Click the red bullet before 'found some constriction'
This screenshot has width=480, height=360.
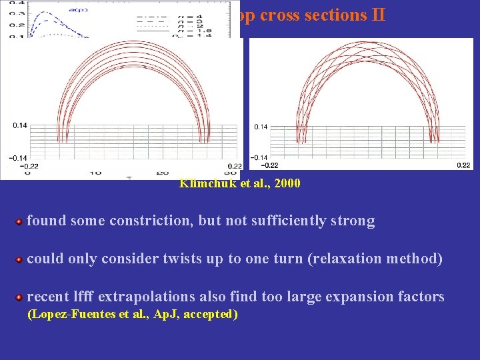point(20,221)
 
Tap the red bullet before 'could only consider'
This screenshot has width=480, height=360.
point(20,259)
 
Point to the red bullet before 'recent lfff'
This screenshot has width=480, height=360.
point(20,297)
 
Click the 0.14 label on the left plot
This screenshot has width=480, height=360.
point(21,125)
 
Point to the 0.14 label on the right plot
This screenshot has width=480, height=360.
point(261,127)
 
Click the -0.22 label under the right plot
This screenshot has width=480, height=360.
point(269,165)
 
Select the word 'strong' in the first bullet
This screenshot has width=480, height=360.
point(353,221)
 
